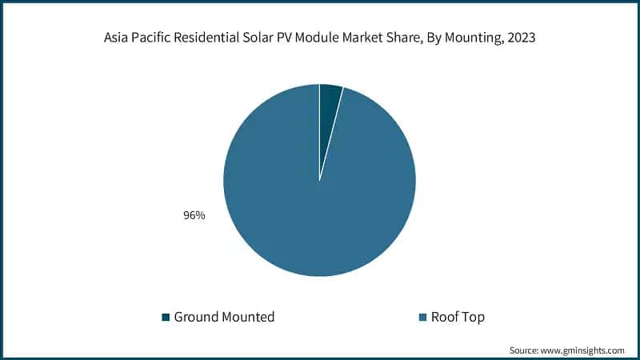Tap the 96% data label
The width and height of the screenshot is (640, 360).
pos(194,215)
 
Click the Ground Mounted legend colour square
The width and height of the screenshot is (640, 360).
pos(166,318)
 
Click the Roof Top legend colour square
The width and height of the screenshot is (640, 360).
pos(422,318)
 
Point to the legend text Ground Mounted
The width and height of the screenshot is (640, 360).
pos(224,317)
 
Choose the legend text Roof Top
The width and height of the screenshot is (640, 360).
pos(458,317)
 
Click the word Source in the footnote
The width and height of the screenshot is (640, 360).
pos(526,350)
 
